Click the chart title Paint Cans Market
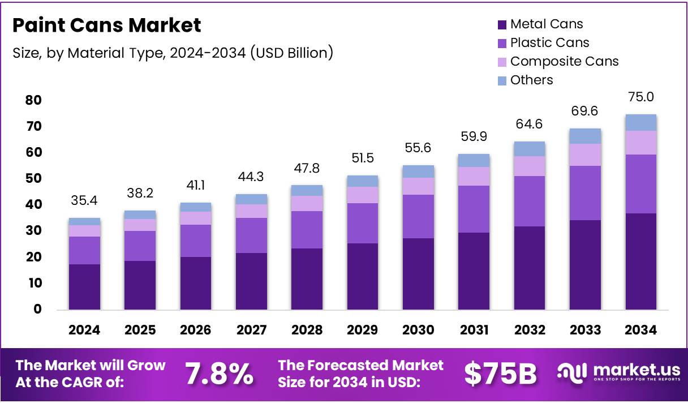point(106,25)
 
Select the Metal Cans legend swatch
point(502,24)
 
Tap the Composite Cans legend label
point(564,61)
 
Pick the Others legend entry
point(531,80)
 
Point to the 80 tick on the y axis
point(33,100)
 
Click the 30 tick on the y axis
point(33,231)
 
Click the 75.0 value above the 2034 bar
point(640,97)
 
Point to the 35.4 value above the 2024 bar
point(84,200)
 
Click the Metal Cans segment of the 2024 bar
point(84,286)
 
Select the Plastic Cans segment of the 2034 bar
point(640,183)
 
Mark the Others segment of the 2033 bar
point(585,136)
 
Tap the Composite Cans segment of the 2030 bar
point(418,186)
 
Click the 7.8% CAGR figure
point(219,374)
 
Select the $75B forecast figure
point(500,374)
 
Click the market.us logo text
point(636,370)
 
